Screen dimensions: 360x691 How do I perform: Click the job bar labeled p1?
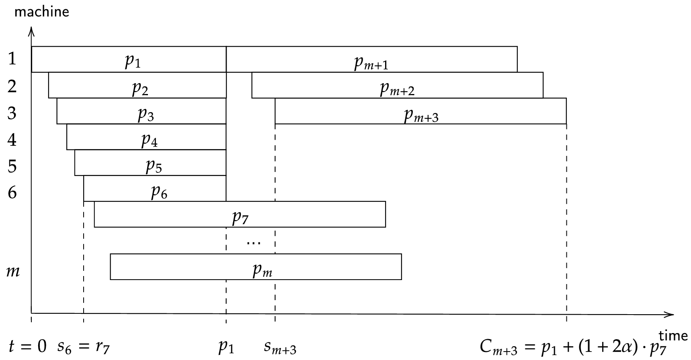click(129, 60)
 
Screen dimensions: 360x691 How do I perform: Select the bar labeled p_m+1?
click(371, 60)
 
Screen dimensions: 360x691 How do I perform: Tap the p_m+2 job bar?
click(397, 85)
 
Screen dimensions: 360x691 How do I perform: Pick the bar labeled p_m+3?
click(420, 111)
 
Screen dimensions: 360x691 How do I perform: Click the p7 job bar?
click(240, 215)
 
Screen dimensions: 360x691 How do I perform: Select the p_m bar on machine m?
click(256, 267)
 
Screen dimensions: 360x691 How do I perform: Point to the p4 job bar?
click(146, 137)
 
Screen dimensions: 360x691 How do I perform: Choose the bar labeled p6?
click(155, 189)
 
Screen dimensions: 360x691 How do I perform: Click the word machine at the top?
click(42, 12)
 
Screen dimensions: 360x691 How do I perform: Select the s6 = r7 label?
click(83, 347)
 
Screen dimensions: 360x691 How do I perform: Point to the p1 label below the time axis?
click(226, 347)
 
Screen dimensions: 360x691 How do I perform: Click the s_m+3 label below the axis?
click(280, 347)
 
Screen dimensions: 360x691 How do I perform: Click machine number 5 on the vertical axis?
click(12, 166)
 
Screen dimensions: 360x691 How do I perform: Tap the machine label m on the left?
click(13, 271)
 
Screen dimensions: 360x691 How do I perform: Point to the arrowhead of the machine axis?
click(31, 31)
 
